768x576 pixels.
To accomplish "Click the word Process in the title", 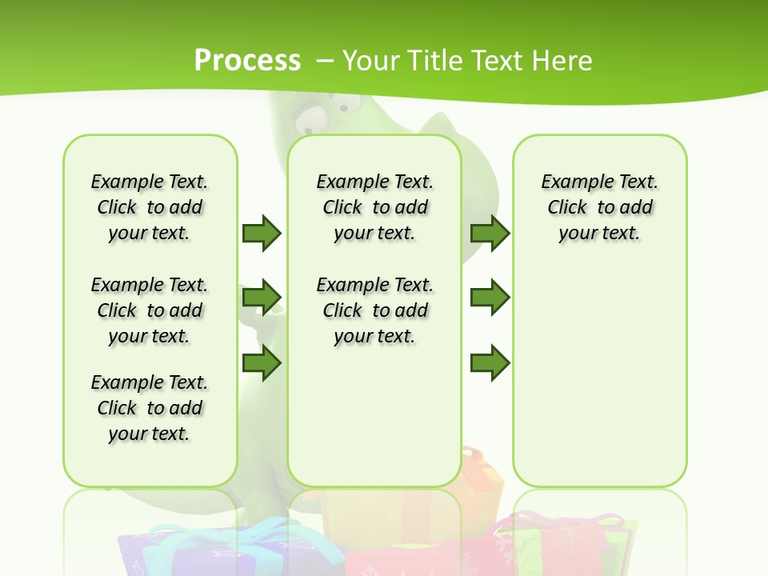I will [x=247, y=60].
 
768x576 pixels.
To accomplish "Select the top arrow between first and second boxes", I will [x=262, y=233].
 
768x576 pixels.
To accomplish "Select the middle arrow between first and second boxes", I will [x=262, y=298].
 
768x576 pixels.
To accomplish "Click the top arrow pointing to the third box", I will [x=490, y=233].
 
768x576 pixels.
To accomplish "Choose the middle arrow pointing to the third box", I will [x=490, y=298].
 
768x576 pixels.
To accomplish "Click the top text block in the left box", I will [x=150, y=207].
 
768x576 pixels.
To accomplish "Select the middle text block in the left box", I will [x=150, y=310].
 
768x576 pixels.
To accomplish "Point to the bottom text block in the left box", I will [x=150, y=408].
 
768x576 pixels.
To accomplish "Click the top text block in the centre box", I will [x=374, y=207].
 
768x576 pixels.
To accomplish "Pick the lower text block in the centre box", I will [x=374, y=310].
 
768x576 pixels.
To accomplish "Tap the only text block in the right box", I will [x=599, y=207].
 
